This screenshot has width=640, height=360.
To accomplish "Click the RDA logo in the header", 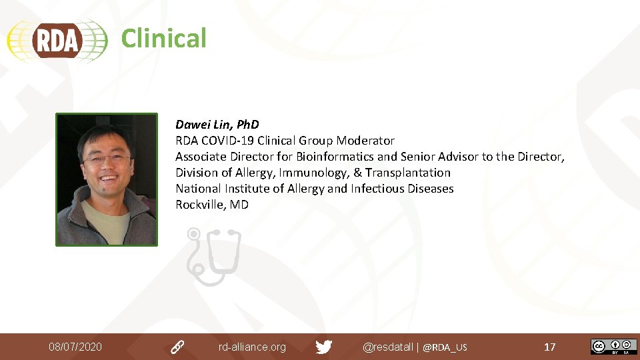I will click(57, 40).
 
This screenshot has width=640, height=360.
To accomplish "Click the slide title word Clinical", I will click(163, 38).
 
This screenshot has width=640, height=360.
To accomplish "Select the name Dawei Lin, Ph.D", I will click(217, 125).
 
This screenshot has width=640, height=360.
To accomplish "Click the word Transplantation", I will click(408, 173).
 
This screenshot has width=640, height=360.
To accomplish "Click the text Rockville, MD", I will click(212, 205).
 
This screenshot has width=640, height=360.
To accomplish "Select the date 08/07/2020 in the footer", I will click(75, 347).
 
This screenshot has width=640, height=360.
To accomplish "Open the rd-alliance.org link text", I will click(252, 347).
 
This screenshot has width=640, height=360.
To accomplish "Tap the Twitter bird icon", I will click(324, 347).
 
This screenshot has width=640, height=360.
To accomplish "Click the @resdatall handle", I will click(387, 347).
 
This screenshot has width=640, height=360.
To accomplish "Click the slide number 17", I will click(550, 347).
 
